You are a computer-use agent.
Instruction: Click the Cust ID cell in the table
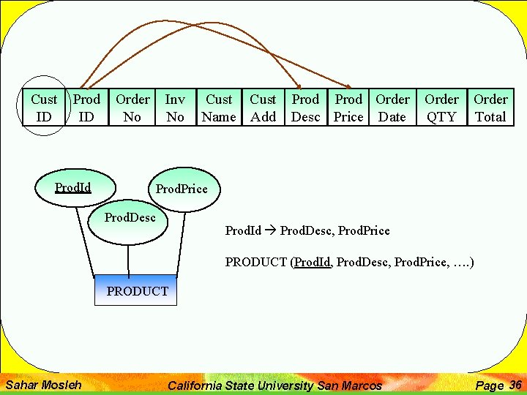(x=44, y=108)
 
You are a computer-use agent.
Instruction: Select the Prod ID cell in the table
(x=86, y=108)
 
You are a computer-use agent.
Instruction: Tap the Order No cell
(x=132, y=108)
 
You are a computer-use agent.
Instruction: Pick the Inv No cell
(x=175, y=108)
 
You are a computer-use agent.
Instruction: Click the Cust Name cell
(x=219, y=108)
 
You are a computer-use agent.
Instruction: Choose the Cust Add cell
(x=263, y=108)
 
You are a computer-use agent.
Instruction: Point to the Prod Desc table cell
(x=305, y=108)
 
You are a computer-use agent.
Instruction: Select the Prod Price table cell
(x=348, y=108)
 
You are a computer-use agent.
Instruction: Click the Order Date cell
(x=392, y=108)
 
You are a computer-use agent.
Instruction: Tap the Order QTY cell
(x=441, y=108)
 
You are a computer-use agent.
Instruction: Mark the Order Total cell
(x=490, y=108)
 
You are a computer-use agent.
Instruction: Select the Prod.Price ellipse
(x=182, y=189)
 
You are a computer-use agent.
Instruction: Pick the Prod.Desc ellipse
(x=130, y=219)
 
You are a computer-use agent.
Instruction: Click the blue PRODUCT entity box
(x=136, y=290)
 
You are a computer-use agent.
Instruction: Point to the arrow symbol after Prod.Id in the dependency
(x=270, y=231)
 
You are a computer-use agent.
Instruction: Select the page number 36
(x=515, y=385)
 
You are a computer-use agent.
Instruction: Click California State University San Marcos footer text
(x=274, y=385)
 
